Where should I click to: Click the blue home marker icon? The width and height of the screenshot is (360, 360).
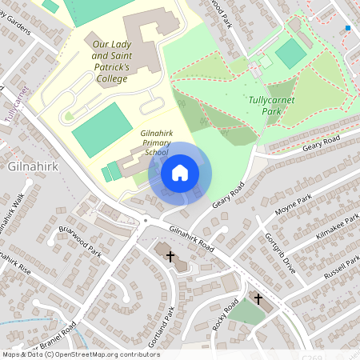coord(180,172)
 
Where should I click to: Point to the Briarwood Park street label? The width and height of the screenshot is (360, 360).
coord(80,240)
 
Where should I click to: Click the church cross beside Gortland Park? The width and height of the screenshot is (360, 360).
coord(170,254)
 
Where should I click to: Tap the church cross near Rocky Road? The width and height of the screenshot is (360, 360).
coord(258,298)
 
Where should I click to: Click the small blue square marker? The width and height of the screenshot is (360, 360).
coord(348,28)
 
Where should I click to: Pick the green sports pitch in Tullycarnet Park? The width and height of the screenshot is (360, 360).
coord(290,53)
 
